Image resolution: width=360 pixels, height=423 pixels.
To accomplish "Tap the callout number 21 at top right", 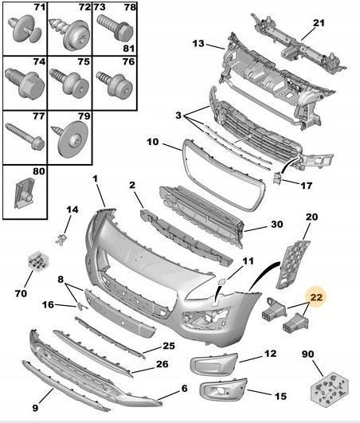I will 319,24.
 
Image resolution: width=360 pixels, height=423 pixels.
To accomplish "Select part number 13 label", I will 198,43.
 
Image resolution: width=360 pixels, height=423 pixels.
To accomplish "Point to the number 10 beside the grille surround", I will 153,143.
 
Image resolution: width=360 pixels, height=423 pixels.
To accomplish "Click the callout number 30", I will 276,225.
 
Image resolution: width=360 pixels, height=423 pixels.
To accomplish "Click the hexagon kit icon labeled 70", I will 37,261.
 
